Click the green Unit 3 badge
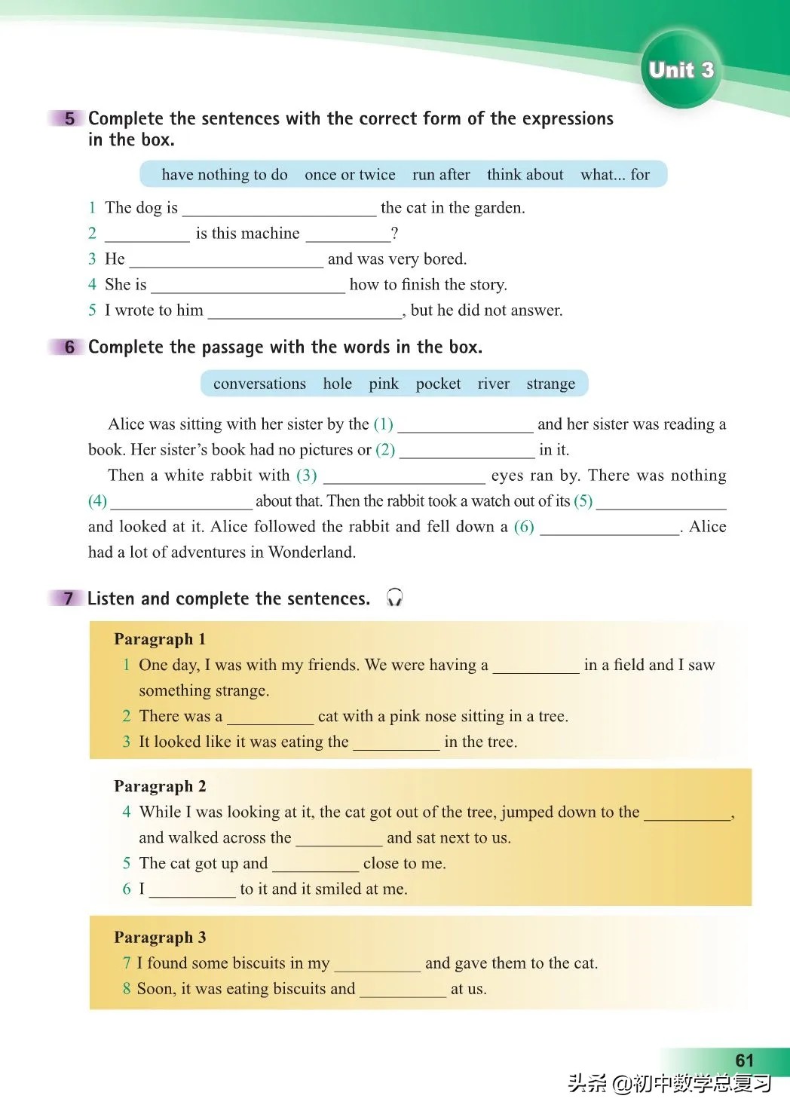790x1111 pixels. pyautogui.click(x=681, y=70)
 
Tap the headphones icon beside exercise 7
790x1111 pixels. pyautogui.click(x=394, y=598)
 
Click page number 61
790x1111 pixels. pyautogui.click(x=744, y=1060)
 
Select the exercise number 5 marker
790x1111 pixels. pyautogui.click(x=69, y=118)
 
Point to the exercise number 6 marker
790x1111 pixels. pyautogui.click(x=69, y=347)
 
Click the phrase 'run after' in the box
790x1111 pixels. pyautogui.click(x=441, y=175)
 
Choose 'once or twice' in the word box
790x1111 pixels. pyautogui.click(x=350, y=175)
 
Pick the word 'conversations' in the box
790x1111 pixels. pyautogui.click(x=259, y=384)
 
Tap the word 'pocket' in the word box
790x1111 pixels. pyautogui.click(x=438, y=384)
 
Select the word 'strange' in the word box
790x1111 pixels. pyautogui.click(x=550, y=384)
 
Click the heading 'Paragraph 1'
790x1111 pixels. pyautogui.click(x=160, y=639)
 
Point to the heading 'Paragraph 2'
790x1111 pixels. pyautogui.click(x=160, y=786)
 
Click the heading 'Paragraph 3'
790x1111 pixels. pyautogui.click(x=160, y=937)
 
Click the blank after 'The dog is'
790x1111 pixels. pyautogui.click(x=279, y=209)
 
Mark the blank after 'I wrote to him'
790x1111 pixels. pyautogui.click(x=305, y=311)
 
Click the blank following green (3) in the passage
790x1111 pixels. pyautogui.click(x=404, y=476)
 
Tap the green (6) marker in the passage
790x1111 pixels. pyautogui.click(x=524, y=526)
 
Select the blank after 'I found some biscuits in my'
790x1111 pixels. pyautogui.click(x=377, y=964)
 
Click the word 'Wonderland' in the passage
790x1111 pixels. pyautogui.click(x=311, y=552)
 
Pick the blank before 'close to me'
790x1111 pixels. pyautogui.click(x=315, y=865)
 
